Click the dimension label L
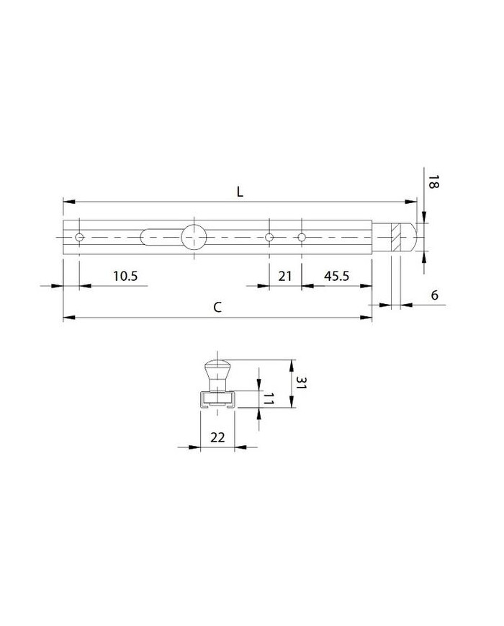240,192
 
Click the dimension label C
217,307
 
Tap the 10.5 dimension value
125,276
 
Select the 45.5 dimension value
336,276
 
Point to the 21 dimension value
285,276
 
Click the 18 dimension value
433,182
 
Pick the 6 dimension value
435,295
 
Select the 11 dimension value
268,398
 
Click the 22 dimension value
217,437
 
